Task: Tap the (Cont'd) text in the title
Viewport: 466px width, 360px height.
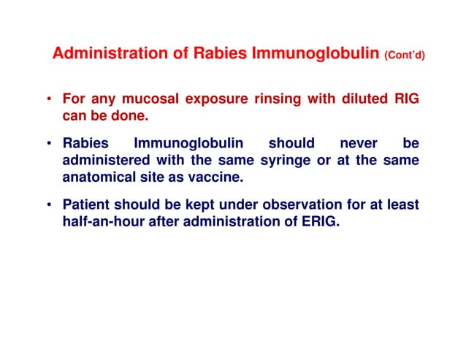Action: (x=404, y=55)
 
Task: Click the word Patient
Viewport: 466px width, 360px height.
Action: (x=86, y=204)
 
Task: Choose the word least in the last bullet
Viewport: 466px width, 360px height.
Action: (x=402, y=204)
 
